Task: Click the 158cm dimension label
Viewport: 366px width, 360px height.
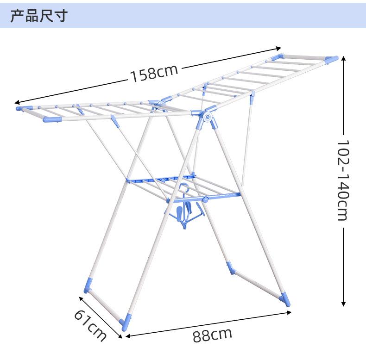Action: tap(153, 73)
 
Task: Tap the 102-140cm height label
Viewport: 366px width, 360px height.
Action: tap(343, 180)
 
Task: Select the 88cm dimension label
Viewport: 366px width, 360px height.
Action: tap(212, 334)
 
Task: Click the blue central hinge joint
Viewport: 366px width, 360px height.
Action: tap(207, 117)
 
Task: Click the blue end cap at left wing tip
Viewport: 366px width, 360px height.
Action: tap(21, 109)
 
